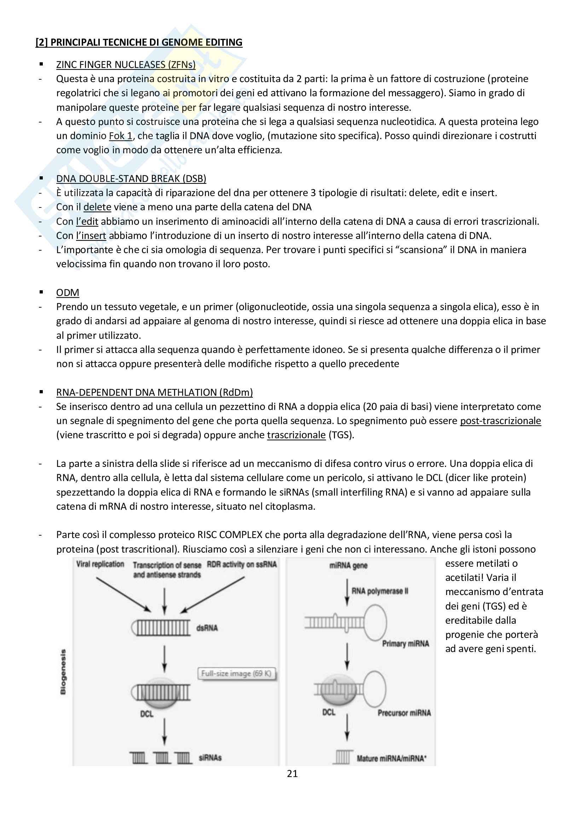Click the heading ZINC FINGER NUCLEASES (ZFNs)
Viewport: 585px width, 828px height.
click(126, 64)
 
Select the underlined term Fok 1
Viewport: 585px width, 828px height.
click(121, 136)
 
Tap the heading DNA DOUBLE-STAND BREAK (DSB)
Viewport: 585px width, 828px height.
click(131, 178)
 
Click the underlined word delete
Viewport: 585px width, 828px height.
click(97, 207)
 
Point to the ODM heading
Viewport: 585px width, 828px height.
click(68, 292)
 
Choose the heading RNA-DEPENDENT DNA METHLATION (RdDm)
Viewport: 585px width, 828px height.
click(154, 392)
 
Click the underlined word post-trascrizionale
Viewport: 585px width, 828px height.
click(500, 421)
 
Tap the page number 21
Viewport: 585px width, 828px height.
click(292, 773)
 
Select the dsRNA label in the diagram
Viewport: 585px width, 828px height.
click(207, 628)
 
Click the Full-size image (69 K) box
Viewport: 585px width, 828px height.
click(236, 673)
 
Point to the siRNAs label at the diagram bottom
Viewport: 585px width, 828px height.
click(210, 758)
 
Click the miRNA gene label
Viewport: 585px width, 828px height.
click(348, 565)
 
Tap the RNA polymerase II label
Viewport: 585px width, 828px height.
click(380, 591)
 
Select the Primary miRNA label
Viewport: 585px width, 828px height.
click(405, 644)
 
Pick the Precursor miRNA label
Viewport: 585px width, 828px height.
click(404, 713)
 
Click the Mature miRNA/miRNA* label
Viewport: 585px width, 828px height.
click(392, 758)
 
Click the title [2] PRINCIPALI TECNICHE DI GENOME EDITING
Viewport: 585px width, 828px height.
click(139, 42)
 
